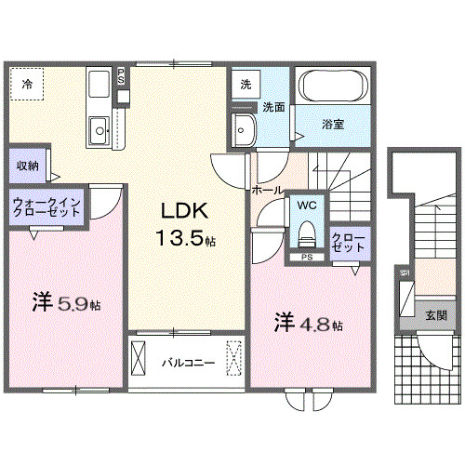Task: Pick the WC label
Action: pyautogui.click(x=307, y=204)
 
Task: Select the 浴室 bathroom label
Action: pyautogui.click(x=333, y=124)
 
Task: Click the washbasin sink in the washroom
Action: pyautogui.click(x=243, y=130)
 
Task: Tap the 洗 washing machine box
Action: pyautogui.click(x=245, y=84)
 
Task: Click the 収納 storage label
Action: pyautogui.click(x=28, y=166)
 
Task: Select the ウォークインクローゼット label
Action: pyautogui.click(x=46, y=207)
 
